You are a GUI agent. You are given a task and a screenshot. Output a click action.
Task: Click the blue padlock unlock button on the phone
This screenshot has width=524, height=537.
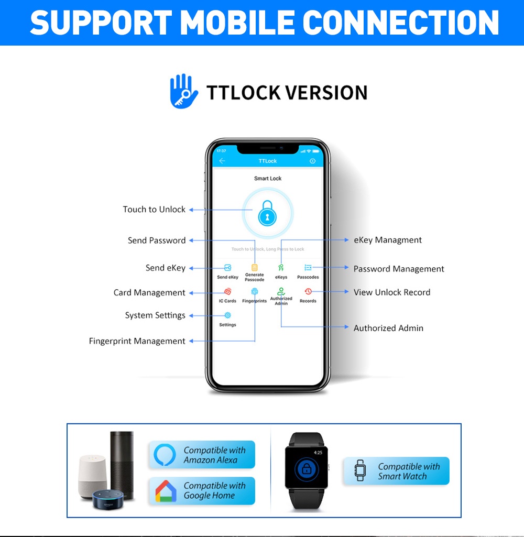[x=267, y=213]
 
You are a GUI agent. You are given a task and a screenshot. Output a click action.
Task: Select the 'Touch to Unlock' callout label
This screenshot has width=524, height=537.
[x=154, y=210]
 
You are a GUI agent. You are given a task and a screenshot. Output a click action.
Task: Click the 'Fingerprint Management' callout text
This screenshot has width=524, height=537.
[x=137, y=341]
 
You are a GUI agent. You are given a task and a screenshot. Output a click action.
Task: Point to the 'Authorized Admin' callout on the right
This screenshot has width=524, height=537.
[x=388, y=328]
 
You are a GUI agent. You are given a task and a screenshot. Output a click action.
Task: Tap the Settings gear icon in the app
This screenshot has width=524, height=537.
[x=227, y=315]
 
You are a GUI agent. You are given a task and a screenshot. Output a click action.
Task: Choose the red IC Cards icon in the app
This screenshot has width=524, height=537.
[x=227, y=292]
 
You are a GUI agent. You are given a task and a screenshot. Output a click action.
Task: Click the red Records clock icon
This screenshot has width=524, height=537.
[x=308, y=291]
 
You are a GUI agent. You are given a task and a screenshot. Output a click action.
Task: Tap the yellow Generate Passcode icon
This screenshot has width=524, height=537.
[x=255, y=267]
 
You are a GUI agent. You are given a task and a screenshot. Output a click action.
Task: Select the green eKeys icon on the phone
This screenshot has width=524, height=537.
[x=281, y=268]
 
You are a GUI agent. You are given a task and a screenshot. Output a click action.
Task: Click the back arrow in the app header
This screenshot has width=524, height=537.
[x=222, y=161]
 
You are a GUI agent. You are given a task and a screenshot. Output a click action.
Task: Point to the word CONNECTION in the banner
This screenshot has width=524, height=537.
[x=401, y=23]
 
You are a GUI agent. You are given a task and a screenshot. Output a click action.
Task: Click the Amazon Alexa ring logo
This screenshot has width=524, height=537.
[x=165, y=455]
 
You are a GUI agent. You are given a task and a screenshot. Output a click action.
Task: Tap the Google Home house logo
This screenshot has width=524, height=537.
[x=166, y=491]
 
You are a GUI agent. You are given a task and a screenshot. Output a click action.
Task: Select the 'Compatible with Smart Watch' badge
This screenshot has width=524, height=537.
[x=397, y=471]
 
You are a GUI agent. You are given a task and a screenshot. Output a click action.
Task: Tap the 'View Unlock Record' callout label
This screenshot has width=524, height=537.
[x=392, y=292]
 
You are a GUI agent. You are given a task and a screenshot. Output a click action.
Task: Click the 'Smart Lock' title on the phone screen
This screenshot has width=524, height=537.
[x=268, y=179]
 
